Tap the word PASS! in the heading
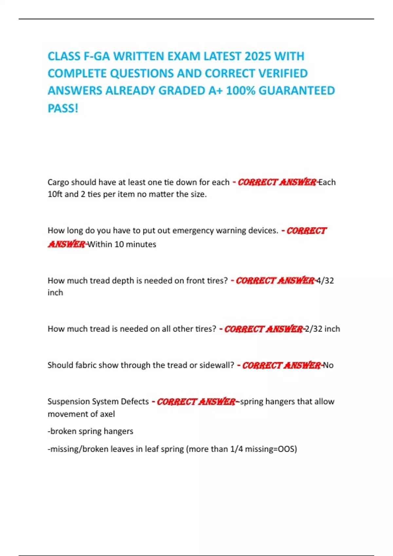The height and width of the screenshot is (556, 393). pos(63,108)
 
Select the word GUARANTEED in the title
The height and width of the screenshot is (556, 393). pos(297,91)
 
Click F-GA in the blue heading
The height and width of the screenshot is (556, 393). pos(97,57)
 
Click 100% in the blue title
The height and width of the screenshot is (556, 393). pos(241,91)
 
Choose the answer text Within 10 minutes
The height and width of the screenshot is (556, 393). pos(122,244)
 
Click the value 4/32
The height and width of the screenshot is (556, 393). pos(325,281)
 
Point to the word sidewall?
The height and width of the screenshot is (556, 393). pos(217,365)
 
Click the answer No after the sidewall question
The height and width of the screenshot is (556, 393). pos(328,365)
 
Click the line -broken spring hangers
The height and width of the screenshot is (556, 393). pos(90,431)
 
